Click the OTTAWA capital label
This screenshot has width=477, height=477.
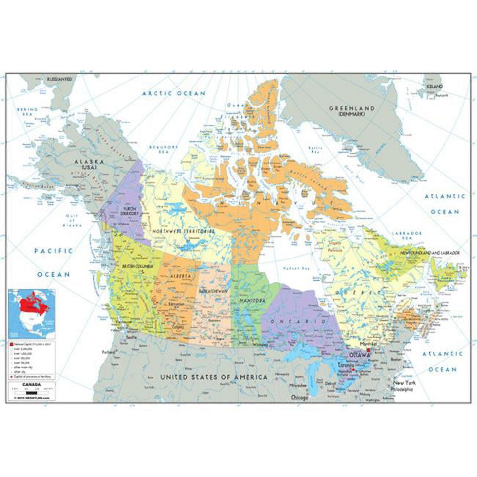(360, 356)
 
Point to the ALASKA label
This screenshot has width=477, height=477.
(89, 162)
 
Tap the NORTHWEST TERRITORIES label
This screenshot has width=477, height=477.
(183, 232)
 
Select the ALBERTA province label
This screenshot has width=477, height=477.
(180, 275)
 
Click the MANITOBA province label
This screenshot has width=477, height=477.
(252, 301)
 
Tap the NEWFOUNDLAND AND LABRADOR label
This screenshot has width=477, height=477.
(430, 254)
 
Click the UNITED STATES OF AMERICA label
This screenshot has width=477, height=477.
(214, 377)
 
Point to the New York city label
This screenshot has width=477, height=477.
(405, 383)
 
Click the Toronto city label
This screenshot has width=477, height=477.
(346, 366)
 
